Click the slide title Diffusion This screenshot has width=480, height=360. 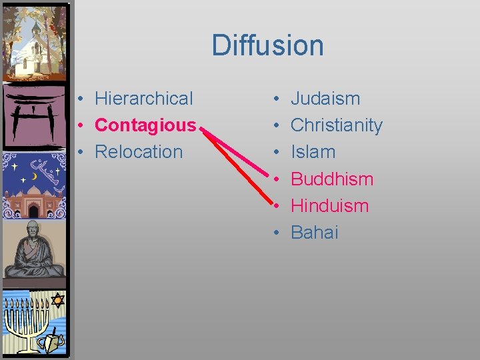tap(268, 45)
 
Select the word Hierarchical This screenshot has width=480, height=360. tap(143, 99)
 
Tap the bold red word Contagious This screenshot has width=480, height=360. tap(145, 125)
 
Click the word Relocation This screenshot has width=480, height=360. tap(139, 152)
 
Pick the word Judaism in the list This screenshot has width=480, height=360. tap(325, 99)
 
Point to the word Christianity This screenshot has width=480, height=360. tap(337, 125)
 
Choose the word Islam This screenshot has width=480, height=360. tap(313, 152)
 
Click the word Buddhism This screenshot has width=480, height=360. tap(332, 179)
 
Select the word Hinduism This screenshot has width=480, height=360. tap(329, 205)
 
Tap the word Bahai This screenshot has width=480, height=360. tap(315, 232)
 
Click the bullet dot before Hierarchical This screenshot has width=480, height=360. tap(79, 99)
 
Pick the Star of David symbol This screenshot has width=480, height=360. tap(57, 300)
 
